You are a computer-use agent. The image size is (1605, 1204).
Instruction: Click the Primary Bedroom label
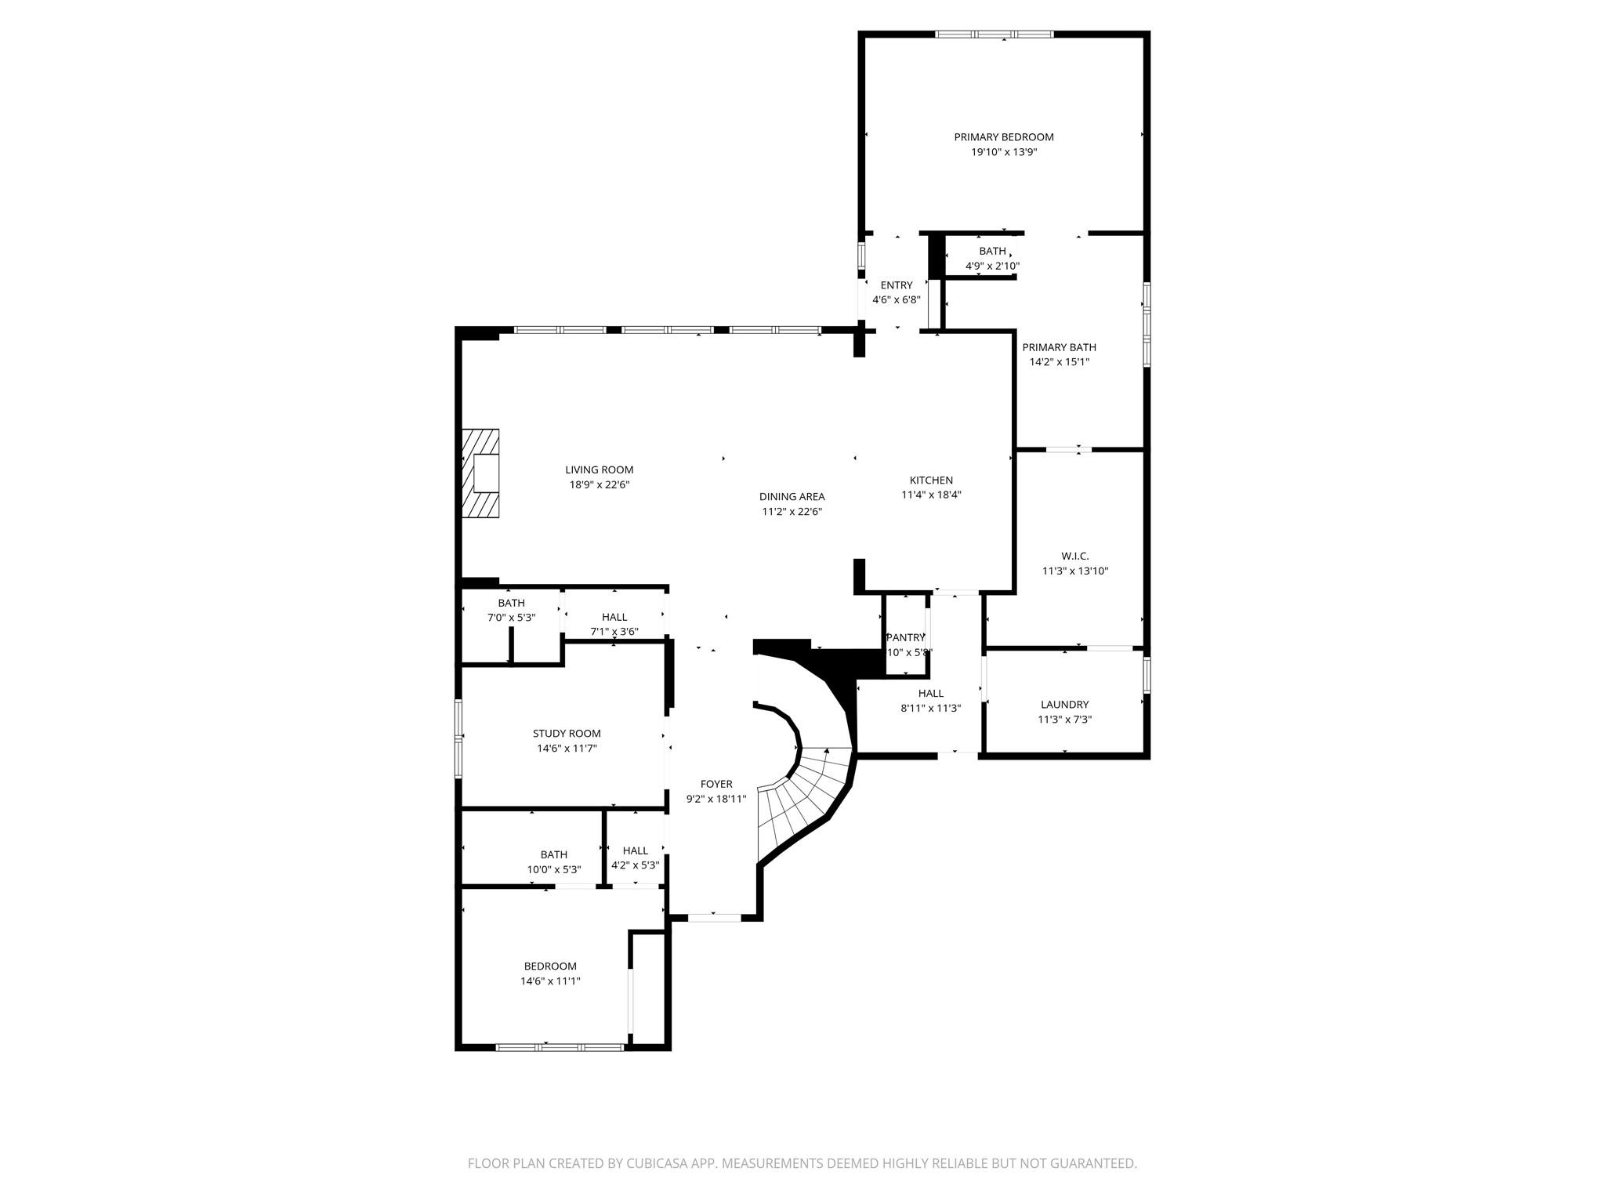point(1004,137)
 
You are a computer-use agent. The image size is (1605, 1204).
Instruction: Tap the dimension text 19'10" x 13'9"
point(1004,152)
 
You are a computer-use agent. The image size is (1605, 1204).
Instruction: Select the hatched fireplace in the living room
point(480,473)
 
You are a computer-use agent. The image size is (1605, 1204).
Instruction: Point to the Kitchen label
point(931,481)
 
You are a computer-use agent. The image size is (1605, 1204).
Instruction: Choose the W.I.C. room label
point(1075,556)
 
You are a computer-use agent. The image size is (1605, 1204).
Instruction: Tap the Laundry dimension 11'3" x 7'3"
point(1064,720)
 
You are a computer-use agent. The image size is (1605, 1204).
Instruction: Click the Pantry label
point(905,637)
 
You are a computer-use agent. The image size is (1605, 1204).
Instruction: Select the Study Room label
point(567,734)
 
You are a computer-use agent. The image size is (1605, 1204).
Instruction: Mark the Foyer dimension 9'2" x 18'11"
point(716,799)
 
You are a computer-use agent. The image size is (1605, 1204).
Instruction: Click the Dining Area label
point(792,497)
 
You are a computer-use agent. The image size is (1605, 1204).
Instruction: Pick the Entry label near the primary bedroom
point(896,285)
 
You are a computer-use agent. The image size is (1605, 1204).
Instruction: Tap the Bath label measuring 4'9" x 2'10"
point(992,251)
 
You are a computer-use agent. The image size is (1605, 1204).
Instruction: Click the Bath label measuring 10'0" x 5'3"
point(553,854)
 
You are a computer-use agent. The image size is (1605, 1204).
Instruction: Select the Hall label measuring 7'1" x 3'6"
point(614,617)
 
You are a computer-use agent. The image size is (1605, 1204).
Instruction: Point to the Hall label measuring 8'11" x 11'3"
point(931,693)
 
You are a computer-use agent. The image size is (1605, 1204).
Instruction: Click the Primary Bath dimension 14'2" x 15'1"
point(1059,362)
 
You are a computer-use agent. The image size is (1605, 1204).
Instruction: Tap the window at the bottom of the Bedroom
point(560,1046)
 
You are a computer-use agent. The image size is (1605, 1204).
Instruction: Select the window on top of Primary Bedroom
point(995,34)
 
